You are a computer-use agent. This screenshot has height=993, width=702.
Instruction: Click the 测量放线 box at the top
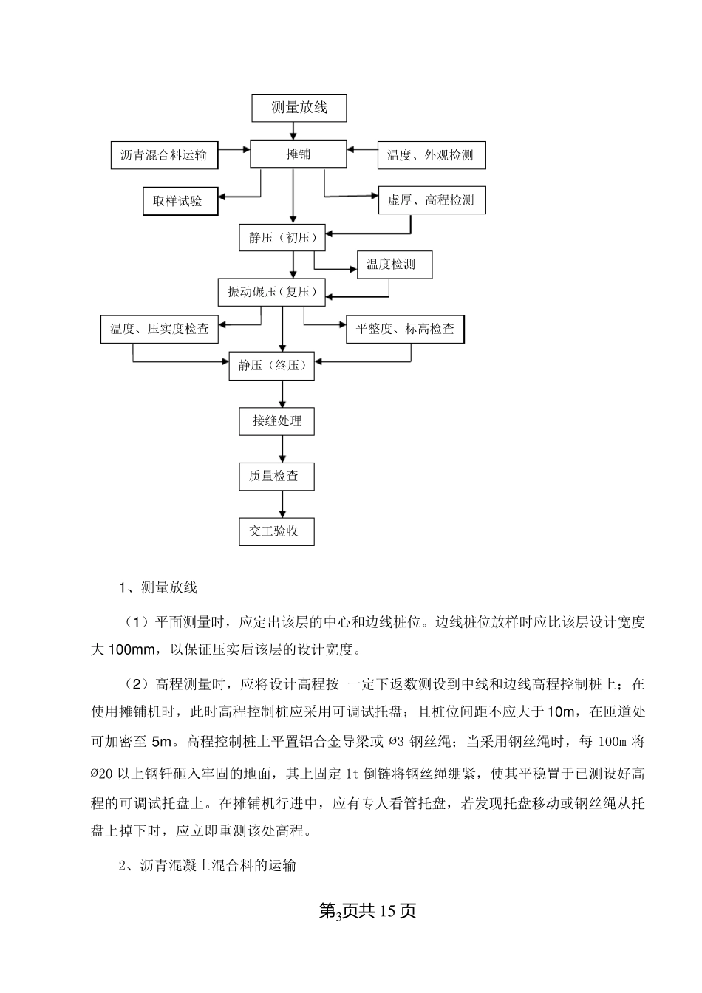tap(299, 108)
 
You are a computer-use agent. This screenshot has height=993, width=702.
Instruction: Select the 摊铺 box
tap(298, 154)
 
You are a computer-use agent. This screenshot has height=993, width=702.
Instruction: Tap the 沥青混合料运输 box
tap(163, 156)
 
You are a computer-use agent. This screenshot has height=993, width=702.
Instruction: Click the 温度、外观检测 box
tap(432, 156)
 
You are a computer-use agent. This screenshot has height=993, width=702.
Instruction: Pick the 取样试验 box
tap(180, 201)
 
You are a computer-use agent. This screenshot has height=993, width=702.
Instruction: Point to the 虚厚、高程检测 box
tap(432, 200)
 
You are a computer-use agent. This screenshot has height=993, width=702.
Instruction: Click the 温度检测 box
tap(395, 265)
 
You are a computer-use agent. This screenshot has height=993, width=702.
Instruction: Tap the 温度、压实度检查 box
tap(160, 329)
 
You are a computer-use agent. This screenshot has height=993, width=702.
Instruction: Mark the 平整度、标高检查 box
tap(405, 329)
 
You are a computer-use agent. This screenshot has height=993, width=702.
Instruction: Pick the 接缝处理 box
tap(277, 421)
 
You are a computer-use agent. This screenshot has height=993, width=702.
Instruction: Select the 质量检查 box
tap(277, 476)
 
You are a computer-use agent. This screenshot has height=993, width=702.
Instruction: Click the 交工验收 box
tap(277, 531)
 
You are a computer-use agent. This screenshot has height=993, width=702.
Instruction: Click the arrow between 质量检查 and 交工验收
tap(282, 504)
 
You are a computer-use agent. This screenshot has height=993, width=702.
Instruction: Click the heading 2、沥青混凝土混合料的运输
tap(208, 865)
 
